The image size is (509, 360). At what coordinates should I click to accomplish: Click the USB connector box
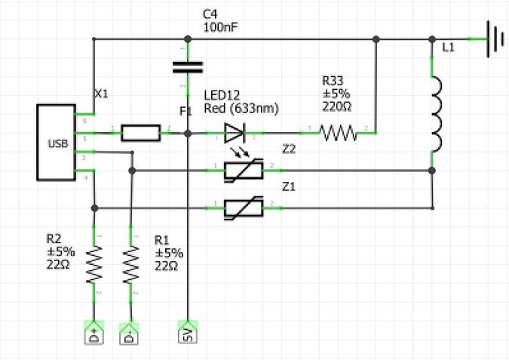pyautogui.click(x=57, y=143)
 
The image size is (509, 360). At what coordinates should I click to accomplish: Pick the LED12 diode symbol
pyautogui.click(x=235, y=134)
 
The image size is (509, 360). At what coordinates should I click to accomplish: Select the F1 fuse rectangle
pyautogui.click(x=140, y=134)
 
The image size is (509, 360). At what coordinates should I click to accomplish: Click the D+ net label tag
pyautogui.click(x=94, y=333)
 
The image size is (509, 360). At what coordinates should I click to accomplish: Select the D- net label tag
pyautogui.click(x=130, y=333)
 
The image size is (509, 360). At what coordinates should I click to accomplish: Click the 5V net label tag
pyautogui.click(x=188, y=333)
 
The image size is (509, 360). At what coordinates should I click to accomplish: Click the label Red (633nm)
pyautogui.click(x=241, y=109)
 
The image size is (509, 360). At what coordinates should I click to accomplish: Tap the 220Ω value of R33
pyautogui.click(x=337, y=106)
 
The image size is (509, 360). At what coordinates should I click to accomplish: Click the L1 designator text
pyautogui.click(x=449, y=48)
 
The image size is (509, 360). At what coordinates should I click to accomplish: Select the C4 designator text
pyautogui.click(x=212, y=14)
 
